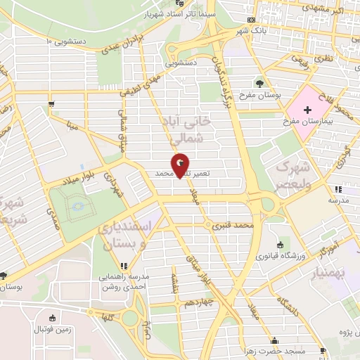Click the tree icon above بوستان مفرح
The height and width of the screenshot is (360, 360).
click(259, 84)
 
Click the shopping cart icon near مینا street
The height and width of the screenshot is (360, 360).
click(51, 105)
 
